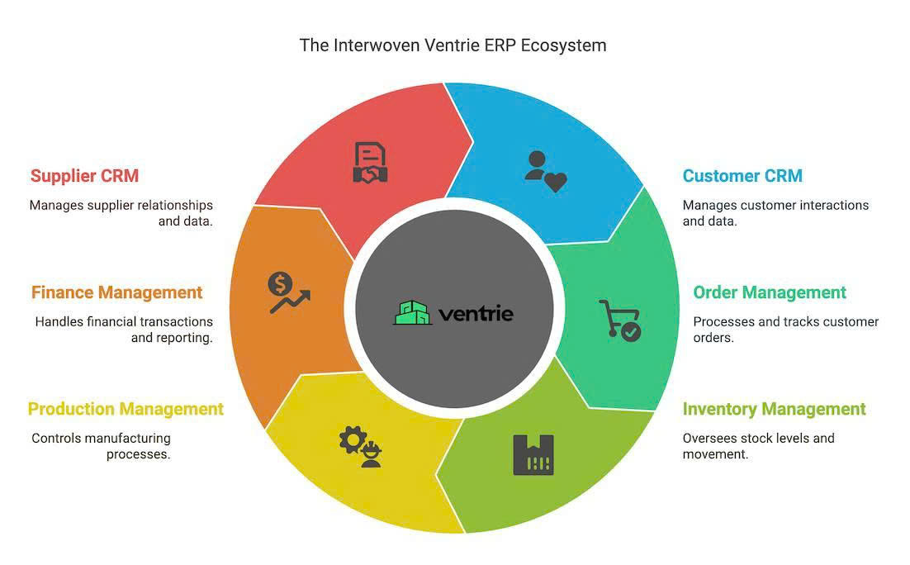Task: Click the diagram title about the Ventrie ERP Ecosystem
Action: coord(453,45)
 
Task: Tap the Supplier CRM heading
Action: coord(84,176)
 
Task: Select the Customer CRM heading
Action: coord(742,176)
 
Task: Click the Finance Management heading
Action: coord(116,292)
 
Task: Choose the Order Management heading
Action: coord(770,292)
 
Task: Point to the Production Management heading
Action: coord(126,409)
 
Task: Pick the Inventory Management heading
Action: coord(774,409)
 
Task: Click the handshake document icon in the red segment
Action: coord(371,163)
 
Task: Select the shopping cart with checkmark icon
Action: coord(619,320)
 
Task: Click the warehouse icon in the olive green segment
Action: coord(533,454)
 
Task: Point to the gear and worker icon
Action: coord(361,447)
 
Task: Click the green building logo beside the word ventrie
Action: coord(413,313)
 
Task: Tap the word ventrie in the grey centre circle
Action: coord(476,314)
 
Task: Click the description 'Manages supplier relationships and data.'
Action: coord(121,213)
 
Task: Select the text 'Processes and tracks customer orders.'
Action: coord(785,330)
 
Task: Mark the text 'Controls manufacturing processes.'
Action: coord(101,446)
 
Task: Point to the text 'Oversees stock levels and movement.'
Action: coord(758,446)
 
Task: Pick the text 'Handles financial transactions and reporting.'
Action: coord(124,330)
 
